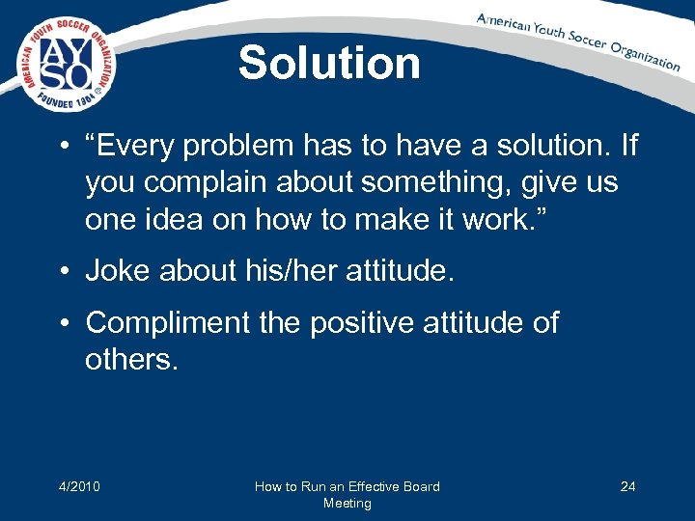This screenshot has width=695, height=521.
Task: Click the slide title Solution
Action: point(329,64)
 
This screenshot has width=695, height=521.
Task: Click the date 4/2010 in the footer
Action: point(78,486)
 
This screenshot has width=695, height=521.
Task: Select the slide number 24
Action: point(627,486)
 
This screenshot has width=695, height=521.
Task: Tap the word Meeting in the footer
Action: point(347,503)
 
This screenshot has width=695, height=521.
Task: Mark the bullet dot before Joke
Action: point(65,272)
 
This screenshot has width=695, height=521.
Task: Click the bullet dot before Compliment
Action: point(65,323)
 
